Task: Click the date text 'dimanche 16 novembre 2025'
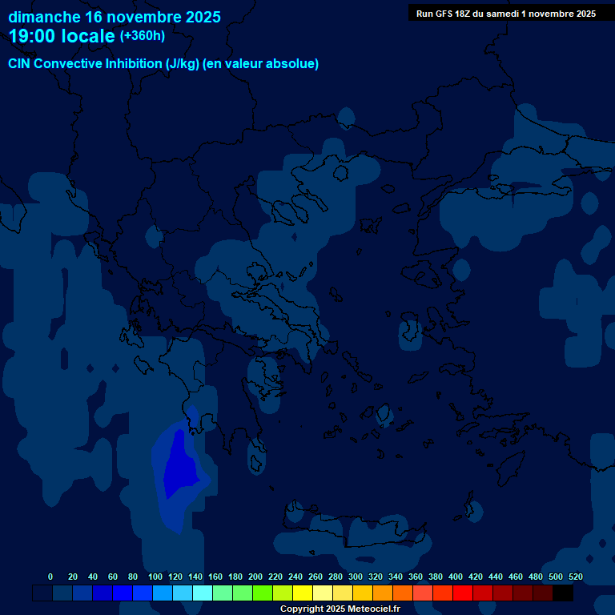click(115, 17)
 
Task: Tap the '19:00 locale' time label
click(62, 36)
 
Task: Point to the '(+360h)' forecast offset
click(142, 36)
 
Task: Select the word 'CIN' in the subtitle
click(19, 64)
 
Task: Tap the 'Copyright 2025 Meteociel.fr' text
click(340, 609)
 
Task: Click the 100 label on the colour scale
click(155, 577)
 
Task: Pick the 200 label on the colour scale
click(255, 577)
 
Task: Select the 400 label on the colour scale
click(456, 577)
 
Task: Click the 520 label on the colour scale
click(576, 577)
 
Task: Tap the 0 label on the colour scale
click(50, 577)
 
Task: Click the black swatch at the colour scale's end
click(563, 593)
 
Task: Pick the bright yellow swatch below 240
click(303, 593)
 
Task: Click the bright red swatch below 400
click(463, 593)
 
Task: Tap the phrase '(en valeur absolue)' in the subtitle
click(262, 64)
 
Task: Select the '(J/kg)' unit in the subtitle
click(183, 64)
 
